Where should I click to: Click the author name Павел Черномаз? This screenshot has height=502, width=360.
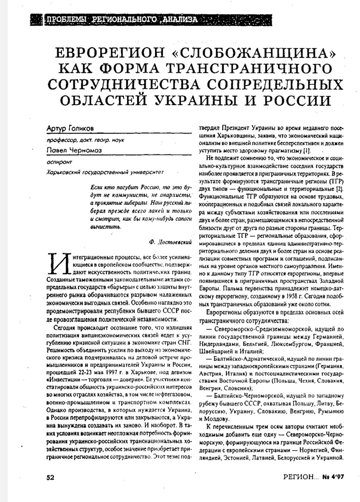(x=72, y=149)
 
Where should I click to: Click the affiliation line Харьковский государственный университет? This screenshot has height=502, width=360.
(x=105, y=172)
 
